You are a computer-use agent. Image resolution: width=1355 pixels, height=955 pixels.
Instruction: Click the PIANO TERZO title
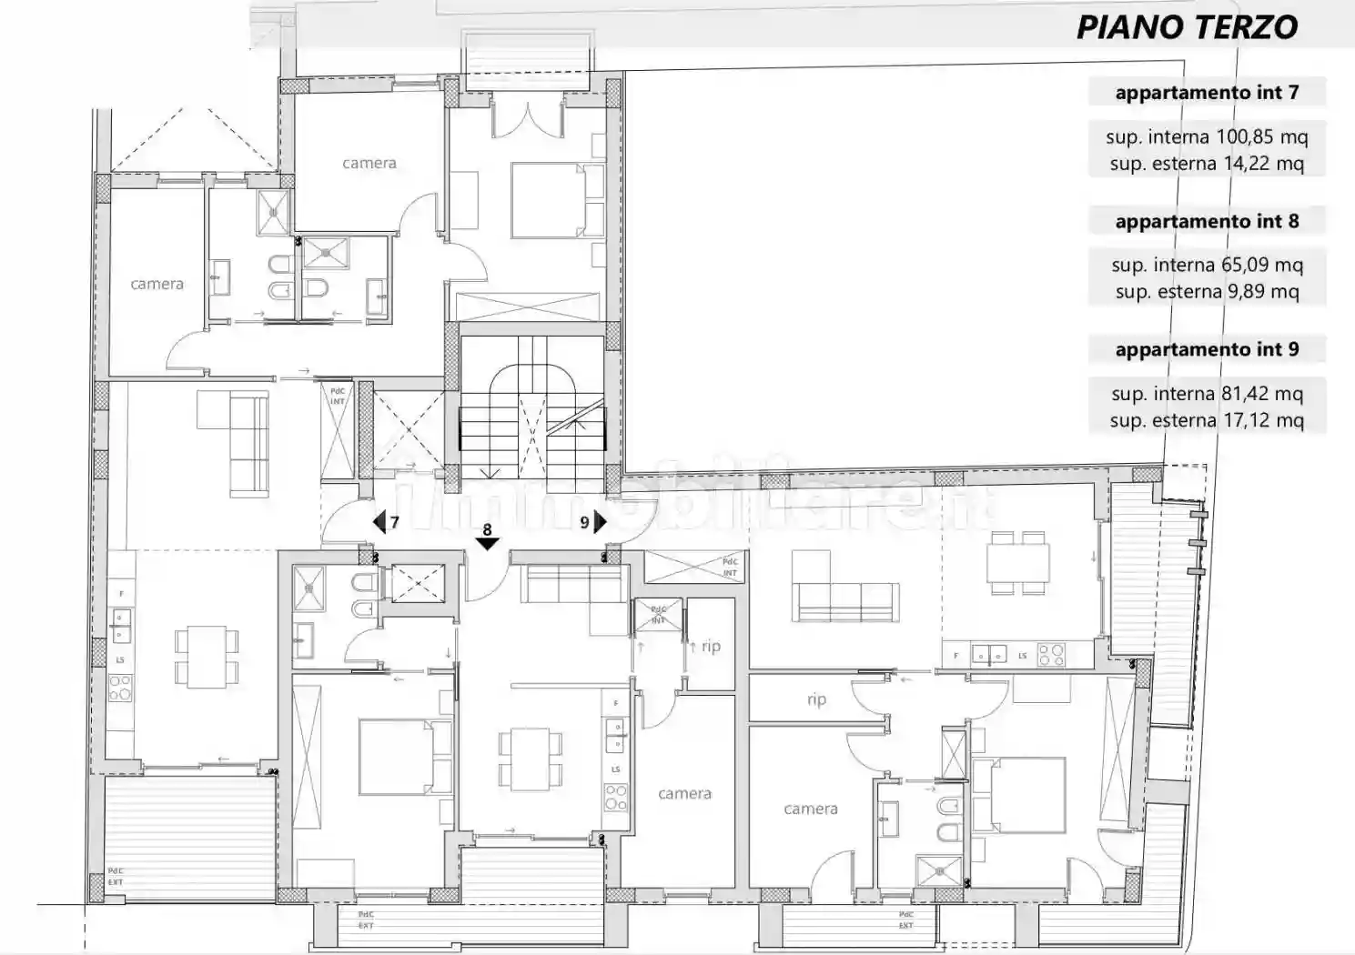coord(1187,27)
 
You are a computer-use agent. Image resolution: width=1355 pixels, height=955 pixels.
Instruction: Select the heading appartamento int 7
coord(1207,93)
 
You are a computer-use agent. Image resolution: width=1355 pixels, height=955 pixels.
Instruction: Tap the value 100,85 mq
coord(1262,137)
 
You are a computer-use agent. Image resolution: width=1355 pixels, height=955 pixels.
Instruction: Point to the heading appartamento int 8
coord(1207,221)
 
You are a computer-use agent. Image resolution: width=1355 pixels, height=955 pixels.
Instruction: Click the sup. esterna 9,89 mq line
coord(1207,292)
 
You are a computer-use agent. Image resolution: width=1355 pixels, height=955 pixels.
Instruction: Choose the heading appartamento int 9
coord(1207,350)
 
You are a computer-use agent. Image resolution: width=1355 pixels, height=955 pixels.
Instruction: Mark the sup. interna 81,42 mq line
coord(1207,394)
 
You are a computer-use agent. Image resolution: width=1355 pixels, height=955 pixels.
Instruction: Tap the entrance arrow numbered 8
coord(488,542)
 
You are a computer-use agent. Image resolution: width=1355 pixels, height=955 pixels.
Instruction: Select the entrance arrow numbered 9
coord(599,522)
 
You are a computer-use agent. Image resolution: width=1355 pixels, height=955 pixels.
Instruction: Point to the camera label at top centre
coord(369,164)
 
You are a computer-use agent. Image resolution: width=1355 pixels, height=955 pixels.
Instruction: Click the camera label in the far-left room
coord(157,284)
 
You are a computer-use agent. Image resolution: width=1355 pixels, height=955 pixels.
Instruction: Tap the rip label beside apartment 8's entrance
coord(711,647)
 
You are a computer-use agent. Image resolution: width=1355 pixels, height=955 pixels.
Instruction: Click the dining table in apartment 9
coord(1019,563)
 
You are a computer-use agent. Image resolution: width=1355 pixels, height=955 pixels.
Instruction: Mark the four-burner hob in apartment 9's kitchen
coord(1051,655)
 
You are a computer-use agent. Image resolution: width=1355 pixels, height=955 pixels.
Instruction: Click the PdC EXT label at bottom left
coord(116,877)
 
